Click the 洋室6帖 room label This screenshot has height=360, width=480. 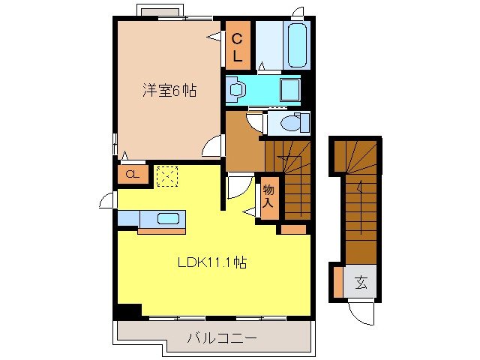(x=169, y=91)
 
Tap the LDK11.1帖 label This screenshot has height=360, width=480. (x=213, y=263)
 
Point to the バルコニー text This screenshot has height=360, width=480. (x=221, y=339)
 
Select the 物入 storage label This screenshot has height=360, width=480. (x=268, y=196)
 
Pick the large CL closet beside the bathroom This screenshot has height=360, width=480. (x=237, y=46)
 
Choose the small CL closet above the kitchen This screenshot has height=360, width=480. (x=132, y=175)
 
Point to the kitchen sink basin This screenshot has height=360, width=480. (x=169, y=219)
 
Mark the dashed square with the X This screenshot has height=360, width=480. (x=166, y=175)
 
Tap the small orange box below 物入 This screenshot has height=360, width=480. (x=293, y=228)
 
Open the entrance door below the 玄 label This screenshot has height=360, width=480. (x=361, y=311)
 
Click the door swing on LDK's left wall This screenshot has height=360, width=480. (x=109, y=200)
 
